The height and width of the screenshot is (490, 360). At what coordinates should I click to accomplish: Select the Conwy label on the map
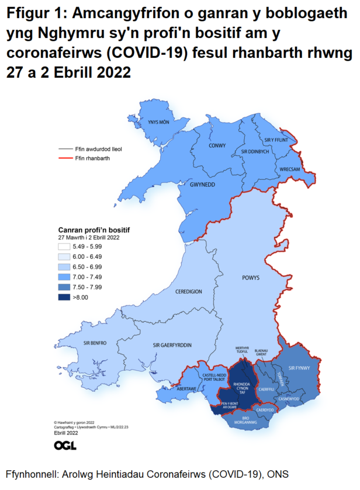217,145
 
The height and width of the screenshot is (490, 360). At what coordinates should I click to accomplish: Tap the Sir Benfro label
95,343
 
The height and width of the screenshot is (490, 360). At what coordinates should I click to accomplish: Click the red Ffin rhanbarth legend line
63,158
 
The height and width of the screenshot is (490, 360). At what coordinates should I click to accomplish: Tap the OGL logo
65,446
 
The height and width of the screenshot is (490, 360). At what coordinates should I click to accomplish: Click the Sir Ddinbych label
255,151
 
